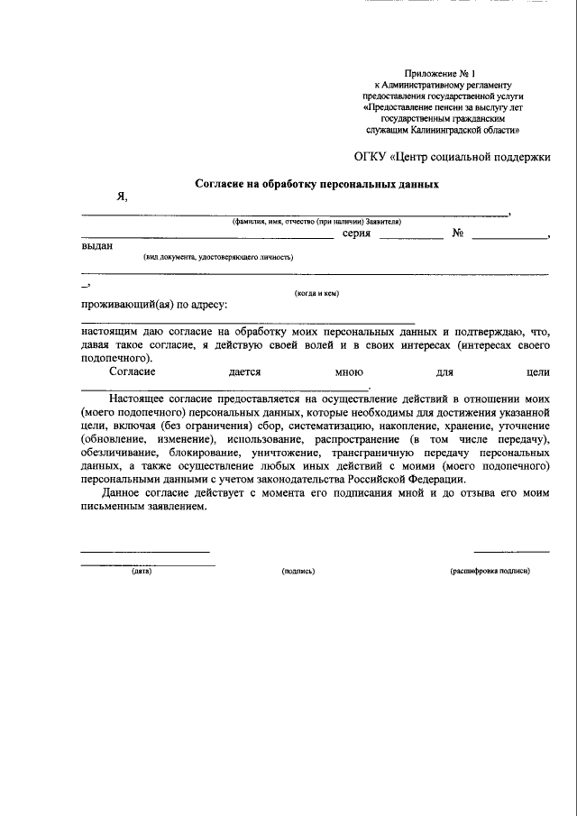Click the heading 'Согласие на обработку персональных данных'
point(317,184)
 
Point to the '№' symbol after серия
point(458,234)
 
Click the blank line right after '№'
point(509,238)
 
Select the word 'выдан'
point(97,247)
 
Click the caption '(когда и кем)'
point(316,293)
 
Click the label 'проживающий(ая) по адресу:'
point(154,305)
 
